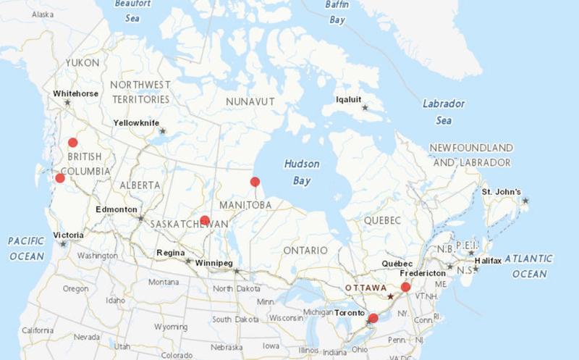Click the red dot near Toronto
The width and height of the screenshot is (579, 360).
pos(373,318)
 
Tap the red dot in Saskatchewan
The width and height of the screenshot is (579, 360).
pos(205,220)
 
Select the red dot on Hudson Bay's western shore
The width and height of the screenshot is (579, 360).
pos(255,182)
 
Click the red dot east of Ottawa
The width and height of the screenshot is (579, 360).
pos(406,287)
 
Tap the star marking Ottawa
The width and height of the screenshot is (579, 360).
pos(391,296)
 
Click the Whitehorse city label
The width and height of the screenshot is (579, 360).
pos(75,93)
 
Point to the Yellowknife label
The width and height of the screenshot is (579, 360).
pos(135,123)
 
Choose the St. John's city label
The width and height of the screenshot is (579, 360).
pos(501,192)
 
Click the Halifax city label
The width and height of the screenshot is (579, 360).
pos(488,260)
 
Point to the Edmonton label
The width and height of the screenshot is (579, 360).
pos(116,209)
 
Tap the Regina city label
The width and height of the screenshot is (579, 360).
pos(171,253)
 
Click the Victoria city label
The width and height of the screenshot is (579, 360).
pos(68,235)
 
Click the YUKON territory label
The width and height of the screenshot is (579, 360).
pos(82,63)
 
